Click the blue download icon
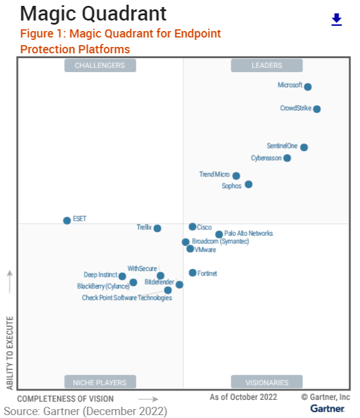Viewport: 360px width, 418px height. click(337, 20)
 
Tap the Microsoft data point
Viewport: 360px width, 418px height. click(308, 87)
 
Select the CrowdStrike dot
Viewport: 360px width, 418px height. click(317, 108)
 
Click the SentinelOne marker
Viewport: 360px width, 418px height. click(304, 147)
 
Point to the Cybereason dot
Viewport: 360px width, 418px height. click(287, 158)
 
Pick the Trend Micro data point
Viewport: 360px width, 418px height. click(236, 175)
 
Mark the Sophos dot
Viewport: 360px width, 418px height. click(249, 184)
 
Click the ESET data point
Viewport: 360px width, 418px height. click(67, 220)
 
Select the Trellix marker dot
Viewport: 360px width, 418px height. click(157, 228)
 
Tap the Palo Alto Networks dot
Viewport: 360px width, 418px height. click(219, 235)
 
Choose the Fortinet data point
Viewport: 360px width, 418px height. click(192, 273)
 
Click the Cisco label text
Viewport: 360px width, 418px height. click(205, 227)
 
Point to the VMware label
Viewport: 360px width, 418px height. click(205, 250)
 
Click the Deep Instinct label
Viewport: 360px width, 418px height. click(100, 274)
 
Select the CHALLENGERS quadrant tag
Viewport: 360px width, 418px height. click(100, 66)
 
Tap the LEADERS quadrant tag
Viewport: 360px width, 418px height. click(267, 66)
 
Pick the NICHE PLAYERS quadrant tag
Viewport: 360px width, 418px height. click(100, 382)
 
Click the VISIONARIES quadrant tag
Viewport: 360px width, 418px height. click(267, 382)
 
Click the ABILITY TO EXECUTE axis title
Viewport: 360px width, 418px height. click(10, 353)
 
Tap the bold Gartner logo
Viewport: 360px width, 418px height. click(327, 408)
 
